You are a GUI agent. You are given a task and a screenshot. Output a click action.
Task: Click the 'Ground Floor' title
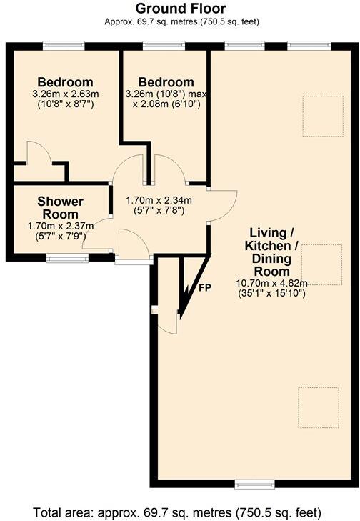pyautogui.click(x=180, y=9)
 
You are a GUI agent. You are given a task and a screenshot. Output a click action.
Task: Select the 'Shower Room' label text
pyautogui.click(x=61, y=207)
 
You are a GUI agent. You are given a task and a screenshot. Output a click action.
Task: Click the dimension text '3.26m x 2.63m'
pyautogui.click(x=66, y=94)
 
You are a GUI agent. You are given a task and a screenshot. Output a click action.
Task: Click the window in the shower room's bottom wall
pyautogui.click(x=63, y=257)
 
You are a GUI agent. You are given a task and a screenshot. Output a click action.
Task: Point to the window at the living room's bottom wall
pyautogui.click(x=255, y=485)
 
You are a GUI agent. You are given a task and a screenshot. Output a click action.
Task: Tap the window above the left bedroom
pyautogui.click(x=63, y=46)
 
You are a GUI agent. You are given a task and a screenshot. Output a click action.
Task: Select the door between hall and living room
pyautogui.click(x=221, y=205)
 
